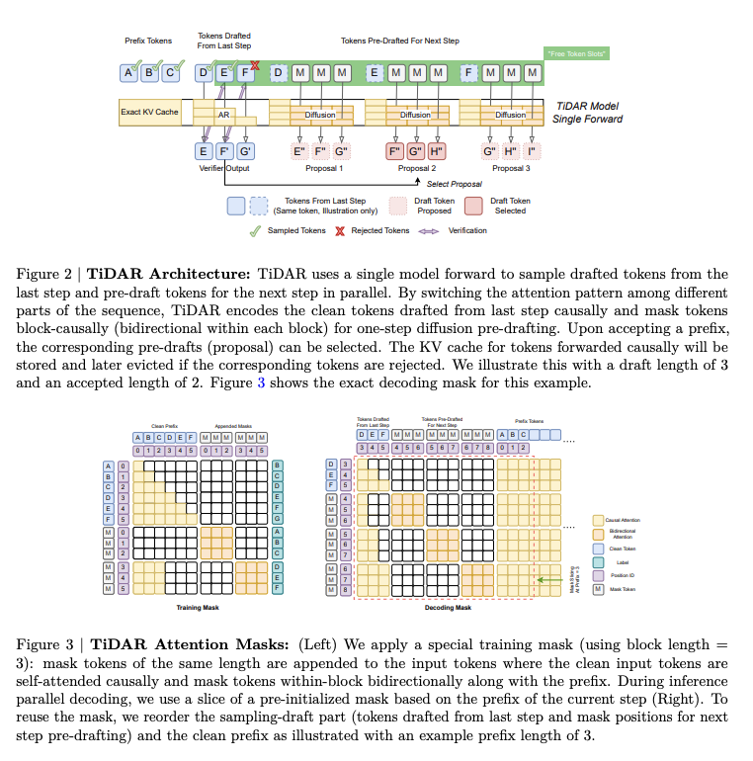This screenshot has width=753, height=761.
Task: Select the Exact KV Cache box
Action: click(x=149, y=112)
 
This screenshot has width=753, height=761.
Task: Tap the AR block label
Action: click(x=223, y=115)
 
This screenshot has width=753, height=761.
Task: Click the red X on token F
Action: click(x=255, y=65)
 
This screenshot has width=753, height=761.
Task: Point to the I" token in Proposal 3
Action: click(x=532, y=151)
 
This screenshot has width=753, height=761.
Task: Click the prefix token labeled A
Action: click(x=128, y=72)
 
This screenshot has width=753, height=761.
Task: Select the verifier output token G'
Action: click(x=246, y=151)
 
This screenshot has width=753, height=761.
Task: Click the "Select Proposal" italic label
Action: click(x=454, y=184)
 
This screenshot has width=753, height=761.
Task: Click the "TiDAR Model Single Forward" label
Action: click(x=589, y=112)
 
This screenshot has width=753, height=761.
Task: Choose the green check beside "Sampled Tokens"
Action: click(x=255, y=230)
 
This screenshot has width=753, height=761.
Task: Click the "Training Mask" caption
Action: click(x=198, y=608)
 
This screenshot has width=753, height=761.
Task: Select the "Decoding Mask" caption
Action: click(x=449, y=608)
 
